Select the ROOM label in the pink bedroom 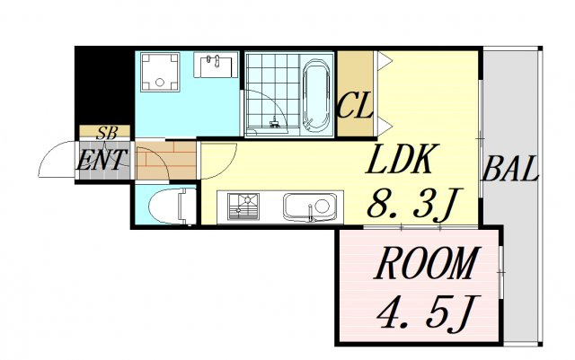click(427, 264)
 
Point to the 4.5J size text click(427, 312)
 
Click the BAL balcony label click(511, 170)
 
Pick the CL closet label click(355, 105)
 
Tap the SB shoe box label click(107, 134)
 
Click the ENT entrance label click(102, 160)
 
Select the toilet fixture click(172, 206)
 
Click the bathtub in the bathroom click(317, 95)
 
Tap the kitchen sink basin click(310, 207)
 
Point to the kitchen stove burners click(243, 206)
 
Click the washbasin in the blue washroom click(215, 66)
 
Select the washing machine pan click(160, 72)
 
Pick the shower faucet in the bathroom click(275, 122)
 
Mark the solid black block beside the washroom click(104, 87)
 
